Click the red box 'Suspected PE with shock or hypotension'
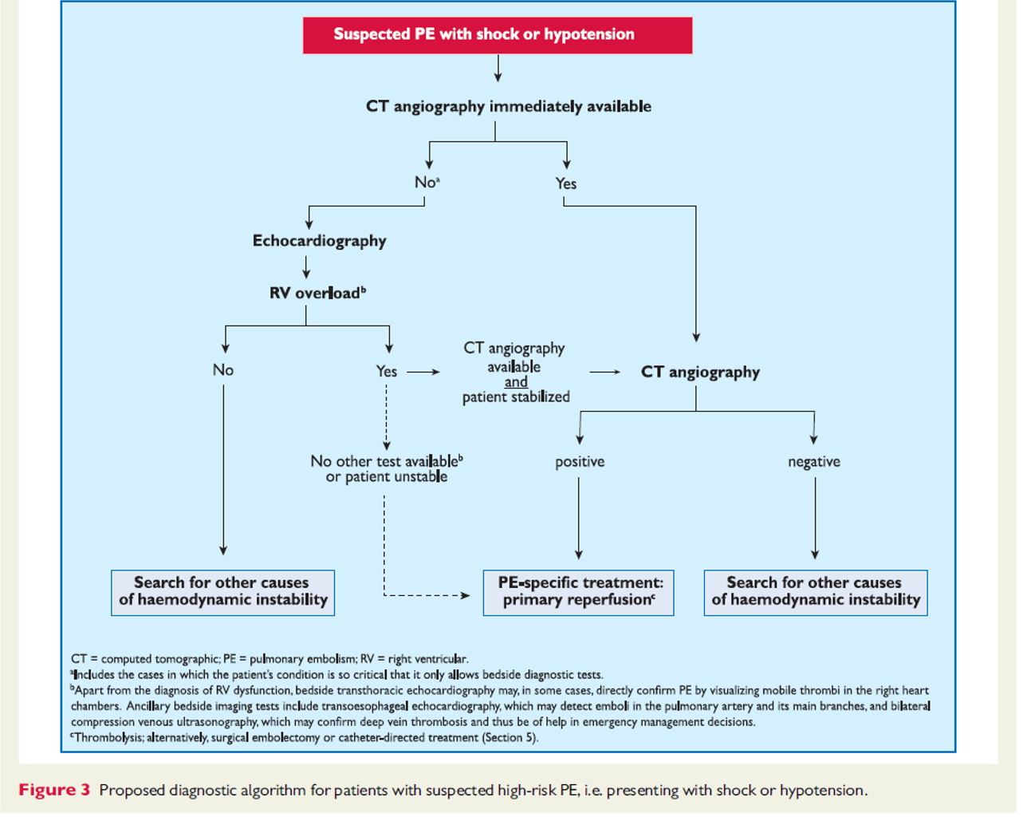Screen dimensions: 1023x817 (498, 35)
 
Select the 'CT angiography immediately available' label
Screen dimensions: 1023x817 (508, 107)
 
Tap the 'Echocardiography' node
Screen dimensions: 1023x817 (319, 241)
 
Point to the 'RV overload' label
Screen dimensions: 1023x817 (317, 293)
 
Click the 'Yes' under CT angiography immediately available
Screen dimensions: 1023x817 (565, 184)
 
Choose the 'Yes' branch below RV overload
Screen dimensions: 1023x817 (386, 371)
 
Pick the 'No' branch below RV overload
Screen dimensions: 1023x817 (223, 369)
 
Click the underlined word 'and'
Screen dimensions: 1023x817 (516, 381)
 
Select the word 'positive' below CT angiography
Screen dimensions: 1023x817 (580, 461)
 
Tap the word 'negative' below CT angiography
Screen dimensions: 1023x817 (814, 461)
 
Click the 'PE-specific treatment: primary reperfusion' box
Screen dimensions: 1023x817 (579, 593)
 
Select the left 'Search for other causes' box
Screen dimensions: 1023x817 (223, 593)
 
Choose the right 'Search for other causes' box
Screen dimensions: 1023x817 (816, 593)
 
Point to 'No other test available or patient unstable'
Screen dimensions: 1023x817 (387, 468)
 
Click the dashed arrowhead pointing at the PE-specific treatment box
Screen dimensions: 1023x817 (466, 595)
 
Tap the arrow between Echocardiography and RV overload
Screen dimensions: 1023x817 (306, 267)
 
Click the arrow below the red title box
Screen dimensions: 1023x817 (498, 69)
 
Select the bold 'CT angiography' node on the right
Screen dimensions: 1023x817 (700, 372)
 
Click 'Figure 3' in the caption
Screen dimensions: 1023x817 (54, 791)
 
